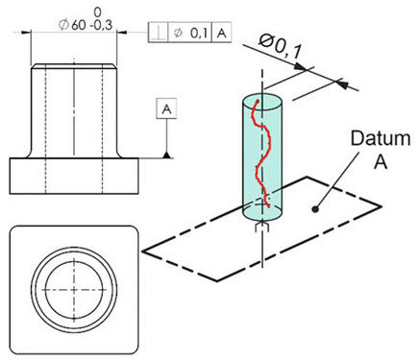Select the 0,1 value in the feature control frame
pyautogui.click(x=200, y=33)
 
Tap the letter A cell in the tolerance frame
pyautogui.click(x=222, y=33)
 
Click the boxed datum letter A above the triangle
pyautogui.click(x=166, y=109)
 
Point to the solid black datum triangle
pyautogui.click(x=166, y=156)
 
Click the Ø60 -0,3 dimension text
pyautogui.click(x=86, y=25)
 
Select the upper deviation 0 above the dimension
pyautogui.click(x=98, y=12)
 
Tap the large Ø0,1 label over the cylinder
pyautogui.click(x=280, y=48)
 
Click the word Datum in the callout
pyautogui.click(x=381, y=138)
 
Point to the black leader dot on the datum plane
pyautogui.click(x=315, y=209)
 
